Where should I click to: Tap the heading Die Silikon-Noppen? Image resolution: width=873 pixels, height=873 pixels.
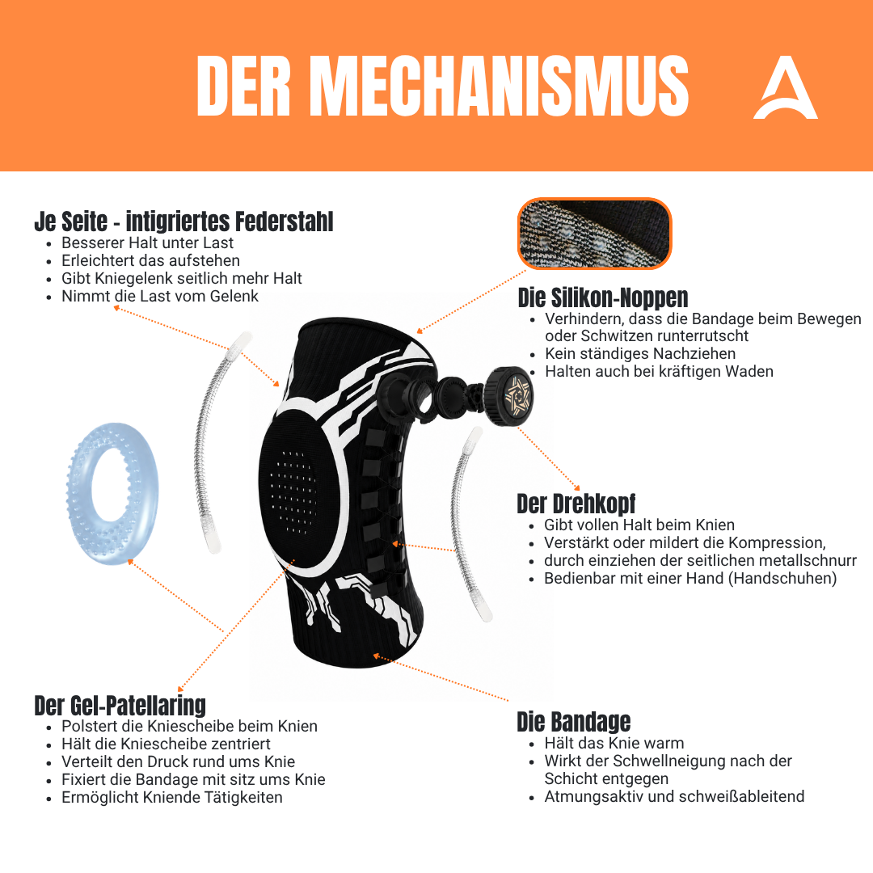click(x=603, y=297)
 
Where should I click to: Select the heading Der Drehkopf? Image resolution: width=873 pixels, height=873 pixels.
click(x=576, y=504)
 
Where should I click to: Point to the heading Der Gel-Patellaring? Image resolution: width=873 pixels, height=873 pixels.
click(x=120, y=706)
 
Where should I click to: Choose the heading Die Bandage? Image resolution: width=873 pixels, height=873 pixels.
click(x=573, y=722)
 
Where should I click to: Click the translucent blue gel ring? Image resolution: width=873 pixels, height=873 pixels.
click(x=112, y=494)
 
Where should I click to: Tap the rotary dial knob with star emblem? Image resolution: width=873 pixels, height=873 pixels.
click(x=508, y=396)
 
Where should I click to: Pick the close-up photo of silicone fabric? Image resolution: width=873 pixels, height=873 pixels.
click(x=595, y=234)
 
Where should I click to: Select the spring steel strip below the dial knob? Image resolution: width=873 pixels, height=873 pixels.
click(x=469, y=523)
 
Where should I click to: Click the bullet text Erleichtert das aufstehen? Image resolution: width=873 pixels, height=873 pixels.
click(x=150, y=260)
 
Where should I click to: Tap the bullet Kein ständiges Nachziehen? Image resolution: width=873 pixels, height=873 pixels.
click(x=640, y=353)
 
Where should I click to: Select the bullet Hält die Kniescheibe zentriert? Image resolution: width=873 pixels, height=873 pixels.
click(x=166, y=744)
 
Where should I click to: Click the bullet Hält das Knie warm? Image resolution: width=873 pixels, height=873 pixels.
click(x=614, y=744)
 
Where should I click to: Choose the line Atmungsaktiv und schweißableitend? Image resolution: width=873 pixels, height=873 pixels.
click(x=674, y=797)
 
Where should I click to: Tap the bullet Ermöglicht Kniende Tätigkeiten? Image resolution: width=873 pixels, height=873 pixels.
click(x=172, y=797)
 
